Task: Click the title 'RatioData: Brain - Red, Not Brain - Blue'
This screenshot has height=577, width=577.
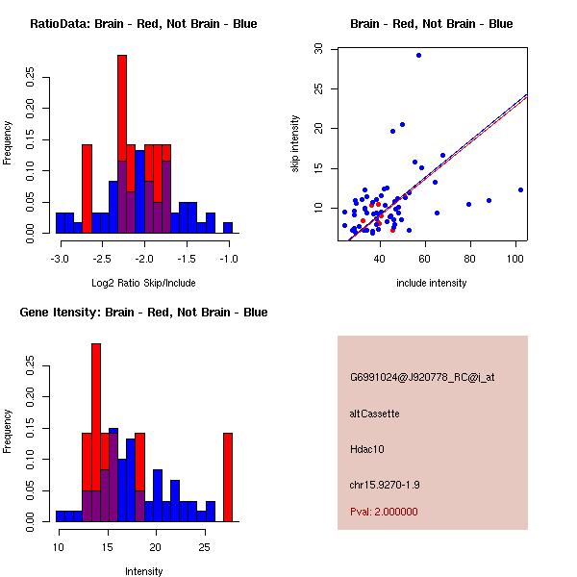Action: (x=143, y=24)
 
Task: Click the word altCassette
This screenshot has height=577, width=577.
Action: (x=374, y=414)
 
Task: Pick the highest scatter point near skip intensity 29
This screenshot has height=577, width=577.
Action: (x=418, y=55)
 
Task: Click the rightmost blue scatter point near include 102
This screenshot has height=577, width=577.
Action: (x=520, y=189)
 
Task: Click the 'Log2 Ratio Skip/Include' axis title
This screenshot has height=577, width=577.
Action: (x=143, y=283)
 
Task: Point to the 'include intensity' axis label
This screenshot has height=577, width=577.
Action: (x=431, y=283)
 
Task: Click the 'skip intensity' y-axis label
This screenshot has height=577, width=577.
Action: (x=295, y=144)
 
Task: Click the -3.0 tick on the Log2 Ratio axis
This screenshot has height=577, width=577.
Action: (x=60, y=259)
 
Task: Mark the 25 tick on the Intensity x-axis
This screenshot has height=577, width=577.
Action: (x=204, y=547)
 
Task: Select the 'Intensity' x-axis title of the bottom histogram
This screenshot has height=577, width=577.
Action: (x=144, y=571)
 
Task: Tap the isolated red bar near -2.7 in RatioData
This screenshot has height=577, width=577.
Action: (x=87, y=188)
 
